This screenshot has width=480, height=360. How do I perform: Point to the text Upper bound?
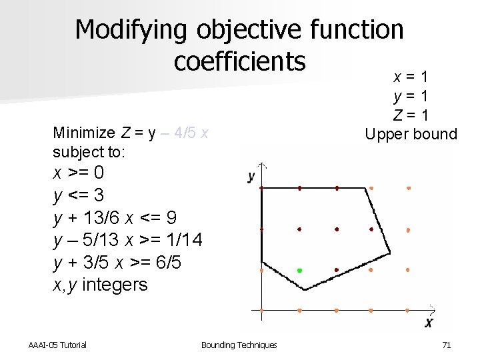(x=411, y=134)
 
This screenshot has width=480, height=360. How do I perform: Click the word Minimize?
(x=83, y=132)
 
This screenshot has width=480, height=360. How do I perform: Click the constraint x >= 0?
(x=79, y=173)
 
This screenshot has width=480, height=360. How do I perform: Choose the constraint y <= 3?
(x=79, y=196)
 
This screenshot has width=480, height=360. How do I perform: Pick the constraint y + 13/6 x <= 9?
(x=115, y=218)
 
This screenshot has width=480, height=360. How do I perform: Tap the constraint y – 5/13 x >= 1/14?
(x=128, y=240)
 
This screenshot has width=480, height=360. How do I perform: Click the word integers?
(x=116, y=285)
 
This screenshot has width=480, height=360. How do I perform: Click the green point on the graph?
(x=299, y=271)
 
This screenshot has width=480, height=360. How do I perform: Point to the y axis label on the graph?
(x=251, y=177)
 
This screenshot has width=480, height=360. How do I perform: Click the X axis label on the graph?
(x=429, y=323)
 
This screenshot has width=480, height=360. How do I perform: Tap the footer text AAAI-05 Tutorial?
(x=57, y=345)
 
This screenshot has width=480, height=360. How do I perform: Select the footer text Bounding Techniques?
(x=239, y=345)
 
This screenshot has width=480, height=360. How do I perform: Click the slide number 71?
(x=447, y=345)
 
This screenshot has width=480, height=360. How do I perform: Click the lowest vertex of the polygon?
(x=305, y=289)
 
